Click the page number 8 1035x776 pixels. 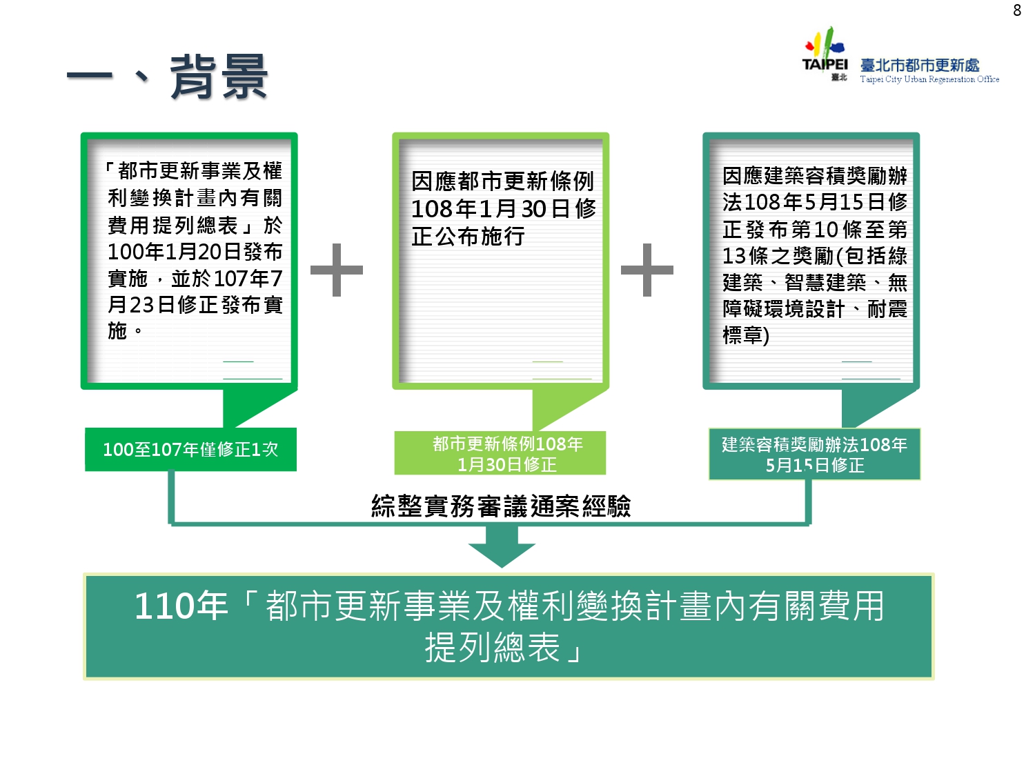pos(1016,10)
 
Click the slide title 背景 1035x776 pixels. pos(219,77)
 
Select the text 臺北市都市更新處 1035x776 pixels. pos(920,65)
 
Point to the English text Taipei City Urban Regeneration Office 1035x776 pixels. pos(929,79)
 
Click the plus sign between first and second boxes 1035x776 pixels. pos(337,270)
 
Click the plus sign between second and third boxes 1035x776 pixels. pos(647,270)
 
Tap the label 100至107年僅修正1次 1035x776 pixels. pos(190,450)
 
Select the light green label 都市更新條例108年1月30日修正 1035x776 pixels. pos(507,453)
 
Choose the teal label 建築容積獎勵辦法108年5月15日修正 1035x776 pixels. pos(814,454)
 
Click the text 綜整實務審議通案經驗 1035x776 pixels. pos(501,506)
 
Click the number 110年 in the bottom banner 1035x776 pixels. pos(181,606)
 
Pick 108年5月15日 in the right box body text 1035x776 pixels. pos(815,202)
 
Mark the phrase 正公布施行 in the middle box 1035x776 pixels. pos(469,236)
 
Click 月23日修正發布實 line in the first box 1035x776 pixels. pos(195,304)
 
